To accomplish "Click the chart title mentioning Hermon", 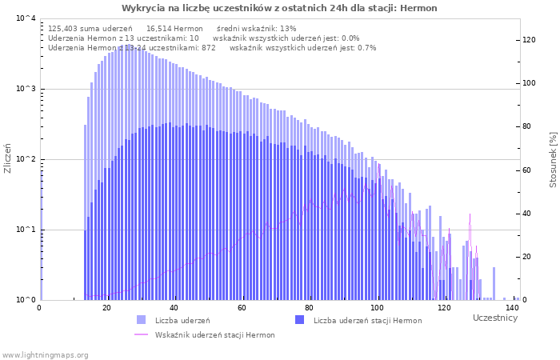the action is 279,8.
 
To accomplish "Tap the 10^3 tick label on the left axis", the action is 26,89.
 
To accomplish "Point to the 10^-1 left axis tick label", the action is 26,230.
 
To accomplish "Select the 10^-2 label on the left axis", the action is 26,159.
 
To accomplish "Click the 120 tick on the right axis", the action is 529,40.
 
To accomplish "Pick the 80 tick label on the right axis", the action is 526,126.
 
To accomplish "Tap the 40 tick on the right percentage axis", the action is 526,214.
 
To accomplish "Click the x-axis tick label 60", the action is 242,308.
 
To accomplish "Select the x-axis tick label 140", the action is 512,308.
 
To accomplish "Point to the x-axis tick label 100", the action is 377,308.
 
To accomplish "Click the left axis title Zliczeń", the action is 7,158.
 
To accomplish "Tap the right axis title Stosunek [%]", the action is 553,160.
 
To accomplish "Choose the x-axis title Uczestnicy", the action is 495,318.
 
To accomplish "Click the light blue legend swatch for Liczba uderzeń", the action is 141,320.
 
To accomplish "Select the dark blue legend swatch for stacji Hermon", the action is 300,320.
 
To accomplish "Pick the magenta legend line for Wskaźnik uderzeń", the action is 141,334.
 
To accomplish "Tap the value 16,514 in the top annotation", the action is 158,29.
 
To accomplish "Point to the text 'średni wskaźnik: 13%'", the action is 257,29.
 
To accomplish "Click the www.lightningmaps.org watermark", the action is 45,355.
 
